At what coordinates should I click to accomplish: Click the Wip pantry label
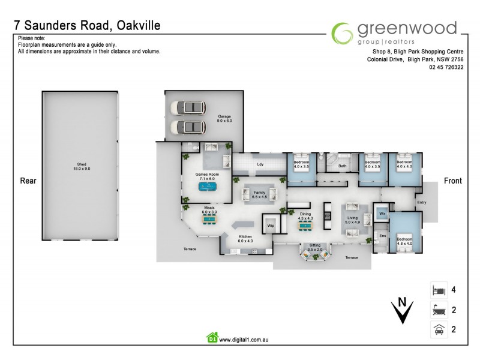(271, 226)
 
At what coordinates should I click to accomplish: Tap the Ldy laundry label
(260, 164)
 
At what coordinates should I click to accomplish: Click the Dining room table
(305, 226)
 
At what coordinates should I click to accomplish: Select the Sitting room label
(314, 246)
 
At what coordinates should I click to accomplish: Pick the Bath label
(343, 166)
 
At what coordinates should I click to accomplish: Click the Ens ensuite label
(382, 236)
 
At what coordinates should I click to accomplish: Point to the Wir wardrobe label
(381, 213)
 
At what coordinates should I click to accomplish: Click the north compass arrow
(401, 309)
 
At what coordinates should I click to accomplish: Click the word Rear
(29, 181)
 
